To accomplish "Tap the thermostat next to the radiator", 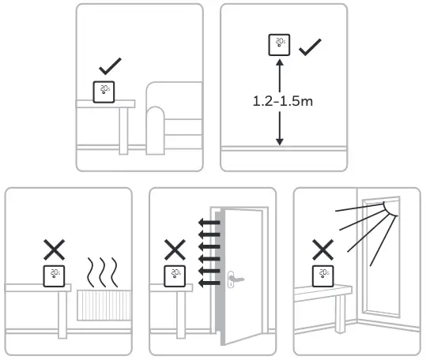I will [54, 276].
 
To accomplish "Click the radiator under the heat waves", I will [105, 304].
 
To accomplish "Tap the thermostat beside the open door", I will [174, 276].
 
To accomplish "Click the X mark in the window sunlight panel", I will [322, 251].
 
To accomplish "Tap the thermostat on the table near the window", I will [322, 276].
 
